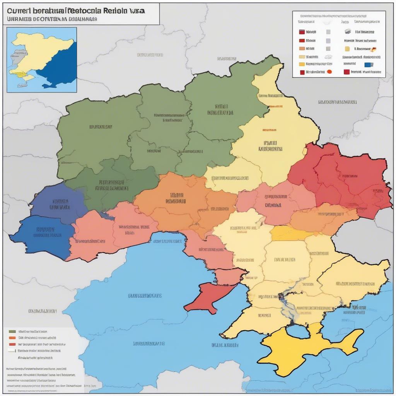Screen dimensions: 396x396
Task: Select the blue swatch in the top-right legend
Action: tap(368, 65)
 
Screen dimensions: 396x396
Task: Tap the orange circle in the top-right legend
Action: tap(329, 72)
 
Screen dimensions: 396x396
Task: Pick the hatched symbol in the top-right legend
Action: tap(347, 32)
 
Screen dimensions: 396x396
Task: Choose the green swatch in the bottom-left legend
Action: tap(12, 331)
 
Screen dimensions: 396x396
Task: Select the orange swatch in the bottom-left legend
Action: tap(12, 338)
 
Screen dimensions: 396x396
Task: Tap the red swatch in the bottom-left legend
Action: tap(12, 344)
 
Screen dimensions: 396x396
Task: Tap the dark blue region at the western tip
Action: tap(43, 236)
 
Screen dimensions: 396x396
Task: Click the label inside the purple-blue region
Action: tap(60, 204)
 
